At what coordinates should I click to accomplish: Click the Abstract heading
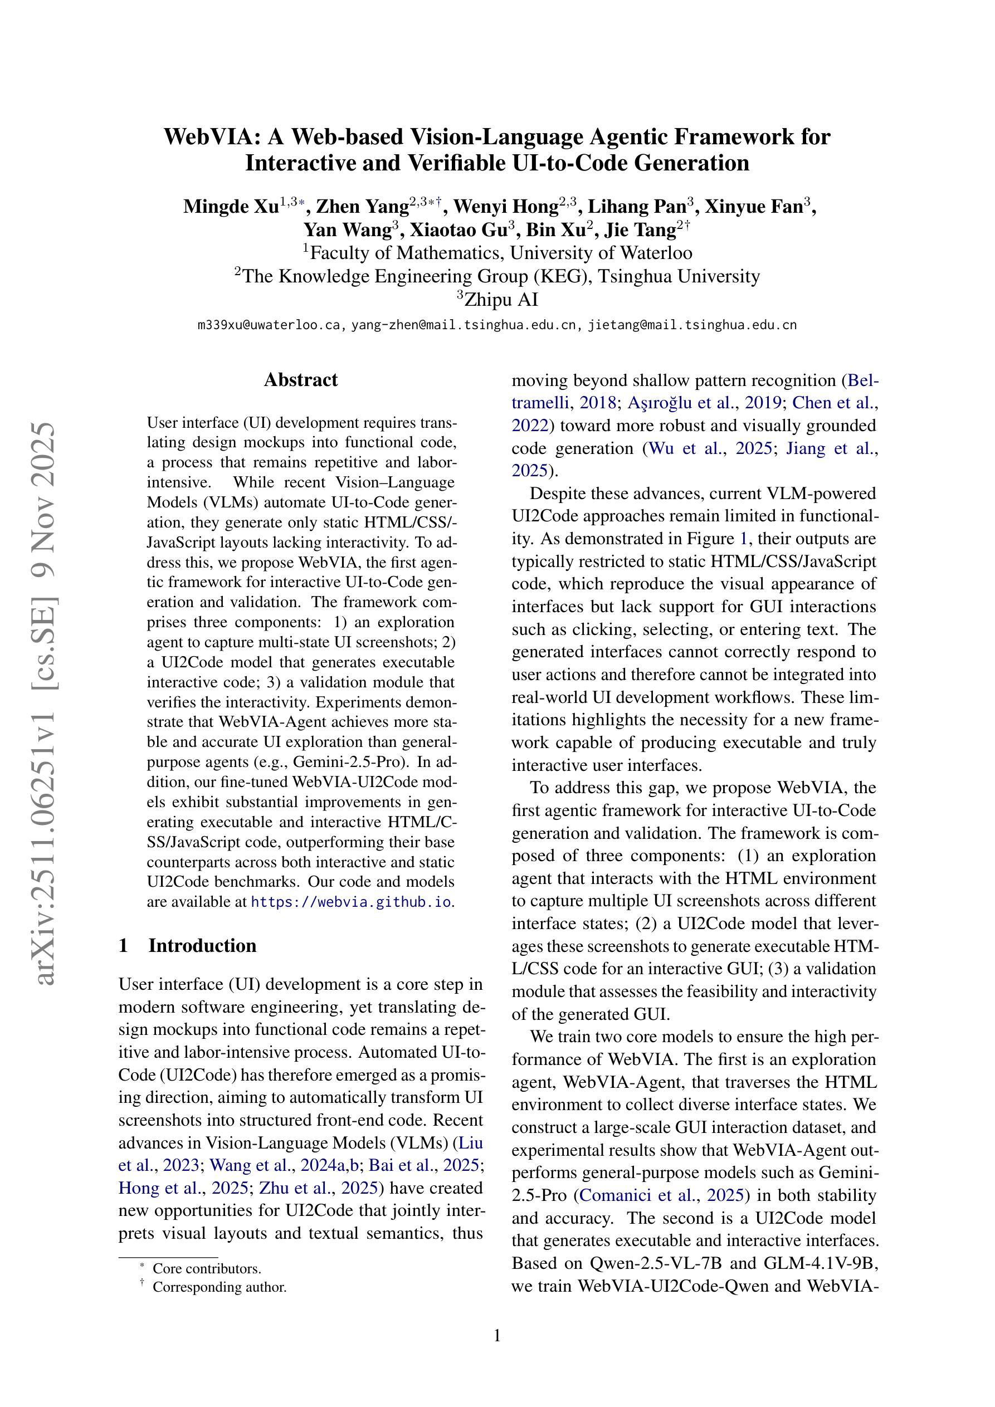(x=300, y=380)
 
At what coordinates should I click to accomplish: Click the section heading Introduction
(x=202, y=946)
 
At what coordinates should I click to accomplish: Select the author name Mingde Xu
(x=231, y=207)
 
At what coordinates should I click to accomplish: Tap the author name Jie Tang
(x=640, y=231)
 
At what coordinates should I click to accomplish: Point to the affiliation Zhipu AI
(x=501, y=300)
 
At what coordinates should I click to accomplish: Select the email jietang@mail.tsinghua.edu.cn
(x=692, y=325)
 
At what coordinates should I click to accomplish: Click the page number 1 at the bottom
(x=497, y=1335)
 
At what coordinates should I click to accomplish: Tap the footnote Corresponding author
(x=220, y=1286)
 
